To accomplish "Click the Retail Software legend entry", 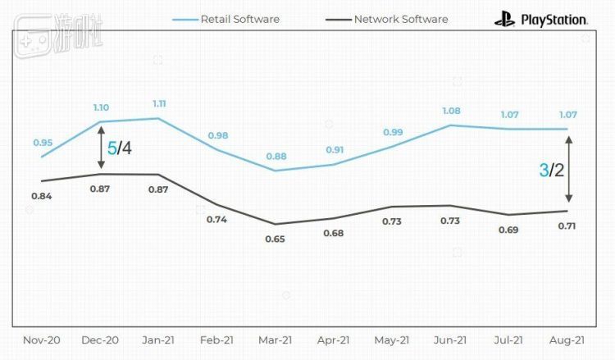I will click(237, 18).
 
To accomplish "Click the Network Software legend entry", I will click(401, 18).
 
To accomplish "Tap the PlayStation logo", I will click(540, 18).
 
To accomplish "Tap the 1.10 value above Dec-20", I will click(101, 107).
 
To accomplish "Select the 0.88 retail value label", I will click(276, 157).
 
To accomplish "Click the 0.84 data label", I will click(42, 196).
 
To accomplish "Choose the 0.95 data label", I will click(43, 143).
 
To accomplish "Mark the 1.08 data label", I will click(450, 112).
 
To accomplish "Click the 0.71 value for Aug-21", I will click(567, 226).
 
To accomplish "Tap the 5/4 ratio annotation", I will click(119, 148).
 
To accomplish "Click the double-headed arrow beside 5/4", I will click(100, 148).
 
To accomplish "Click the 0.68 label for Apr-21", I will click(334, 233).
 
